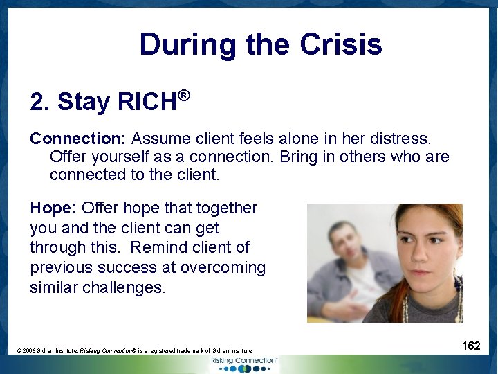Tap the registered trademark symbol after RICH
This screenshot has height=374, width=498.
tap(183, 94)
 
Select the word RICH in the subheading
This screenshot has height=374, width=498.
tap(147, 103)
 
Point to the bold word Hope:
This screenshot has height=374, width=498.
tap(54, 208)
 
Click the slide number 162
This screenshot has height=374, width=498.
tap(471, 346)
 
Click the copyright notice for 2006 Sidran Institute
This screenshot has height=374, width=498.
tap(134, 351)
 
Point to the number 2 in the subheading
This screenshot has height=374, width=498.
tap(37, 103)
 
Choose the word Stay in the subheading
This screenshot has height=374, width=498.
tap(84, 103)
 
